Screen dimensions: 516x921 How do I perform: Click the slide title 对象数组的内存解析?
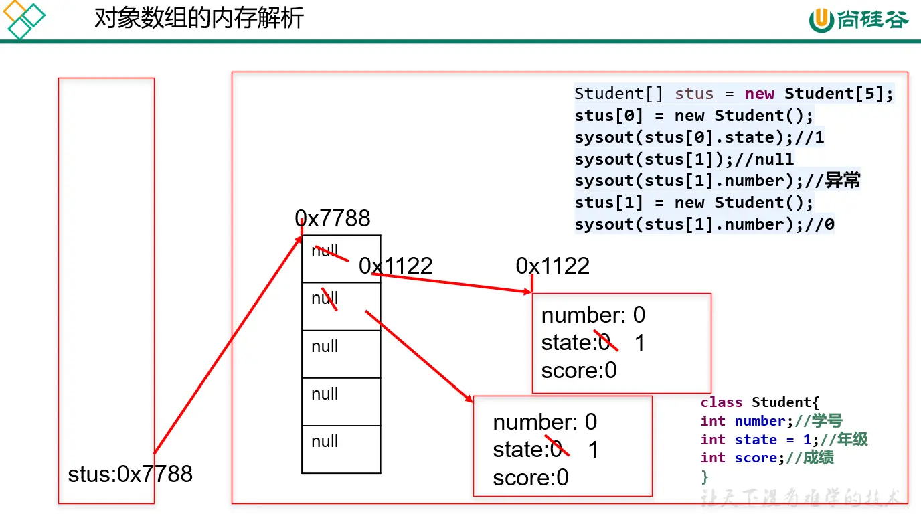(x=199, y=18)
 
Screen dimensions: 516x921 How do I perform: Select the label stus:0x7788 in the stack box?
(x=130, y=474)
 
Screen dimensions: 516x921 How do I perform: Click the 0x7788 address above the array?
(x=333, y=218)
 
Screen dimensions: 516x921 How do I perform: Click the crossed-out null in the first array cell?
(x=325, y=252)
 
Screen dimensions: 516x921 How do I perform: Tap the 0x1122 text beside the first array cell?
(x=396, y=266)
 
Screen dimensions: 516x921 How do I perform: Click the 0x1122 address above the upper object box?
(x=552, y=266)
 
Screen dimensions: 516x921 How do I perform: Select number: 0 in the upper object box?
(x=593, y=315)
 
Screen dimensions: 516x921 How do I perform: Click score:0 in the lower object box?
(x=531, y=477)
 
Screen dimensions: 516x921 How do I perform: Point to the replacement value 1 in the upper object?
(x=639, y=343)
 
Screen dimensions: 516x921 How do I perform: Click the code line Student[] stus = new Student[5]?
(x=734, y=94)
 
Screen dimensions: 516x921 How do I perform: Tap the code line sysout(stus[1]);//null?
(x=684, y=159)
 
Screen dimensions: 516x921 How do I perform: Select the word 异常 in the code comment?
(x=843, y=181)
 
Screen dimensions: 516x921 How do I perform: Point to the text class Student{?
(x=759, y=402)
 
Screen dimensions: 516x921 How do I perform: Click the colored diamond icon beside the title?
(x=23, y=19)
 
